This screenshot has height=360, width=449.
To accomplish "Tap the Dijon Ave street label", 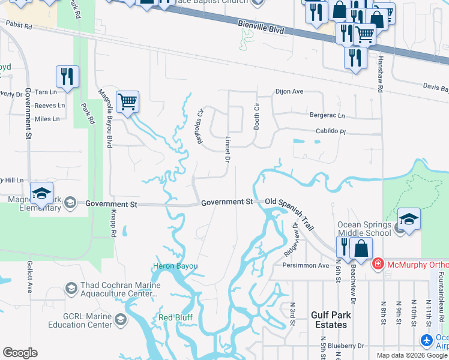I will (x=289, y=92).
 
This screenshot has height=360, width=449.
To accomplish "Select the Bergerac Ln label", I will (x=327, y=115).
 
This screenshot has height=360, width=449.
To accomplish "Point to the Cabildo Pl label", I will (x=331, y=131).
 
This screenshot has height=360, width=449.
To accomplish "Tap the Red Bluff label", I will (x=174, y=317).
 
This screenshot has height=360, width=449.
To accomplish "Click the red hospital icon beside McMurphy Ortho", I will (x=378, y=264).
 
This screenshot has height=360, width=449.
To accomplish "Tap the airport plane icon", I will (x=427, y=341).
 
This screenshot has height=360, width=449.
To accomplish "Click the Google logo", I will (x=20, y=353).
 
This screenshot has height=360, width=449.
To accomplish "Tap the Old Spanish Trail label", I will (x=290, y=203).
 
